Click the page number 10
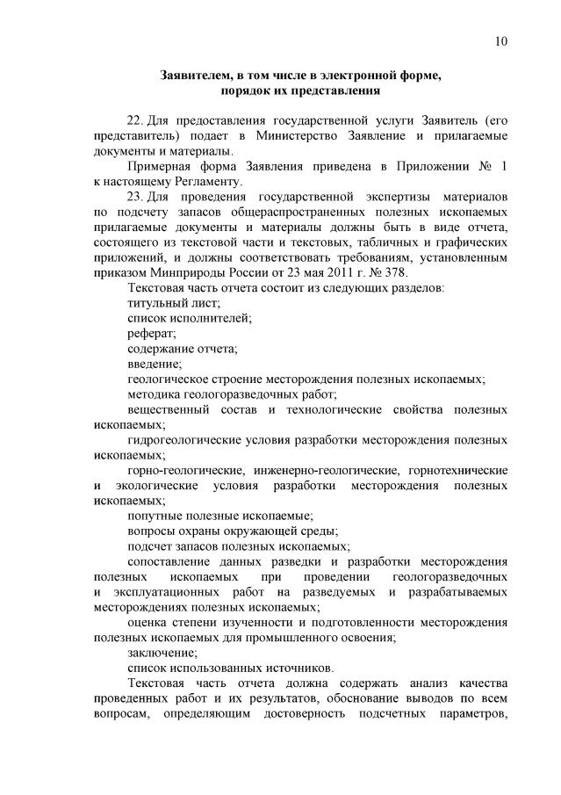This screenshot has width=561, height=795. [500, 40]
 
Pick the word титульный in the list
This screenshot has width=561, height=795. [155, 302]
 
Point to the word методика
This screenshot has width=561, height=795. [155, 394]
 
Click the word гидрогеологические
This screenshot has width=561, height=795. [182, 440]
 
